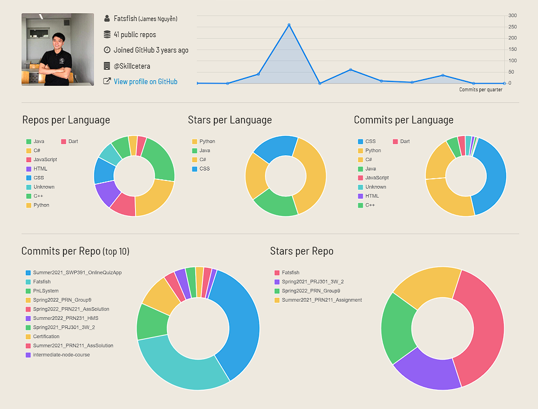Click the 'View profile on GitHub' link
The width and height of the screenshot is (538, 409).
pyautogui.click(x=145, y=81)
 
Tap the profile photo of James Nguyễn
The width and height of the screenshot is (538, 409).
pyautogui.click(x=58, y=49)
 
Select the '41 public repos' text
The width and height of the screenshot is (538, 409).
pyautogui.click(x=135, y=34)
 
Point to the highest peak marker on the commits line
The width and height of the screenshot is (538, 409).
pyautogui.click(x=289, y=25)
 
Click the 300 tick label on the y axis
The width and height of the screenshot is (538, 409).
pyautogui.click(x=513, y=15)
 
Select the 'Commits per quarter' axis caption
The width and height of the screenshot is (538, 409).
pyautogui.click(x=480, y=90)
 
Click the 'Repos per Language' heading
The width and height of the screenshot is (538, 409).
pyautogui.click(x=66, y=120)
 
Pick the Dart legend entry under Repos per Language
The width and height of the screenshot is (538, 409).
pyautogui.click(x=73, y=142)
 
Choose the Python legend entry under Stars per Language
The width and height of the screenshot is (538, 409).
pyautogui.click(x=207, y=142)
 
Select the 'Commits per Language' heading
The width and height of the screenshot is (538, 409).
pyautogui.click(x=403, y=120)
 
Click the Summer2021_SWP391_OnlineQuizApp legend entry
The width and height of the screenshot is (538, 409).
pyautogui.click(x=77, y=273)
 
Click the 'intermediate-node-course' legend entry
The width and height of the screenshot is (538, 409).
pyautogui.click(x=61, y=355)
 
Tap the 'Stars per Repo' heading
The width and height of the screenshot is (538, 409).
pyautogui.click(x=301, y=251)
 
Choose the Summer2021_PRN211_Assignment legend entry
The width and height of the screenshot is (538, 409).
pyautogui.click(x=321, y=300)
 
